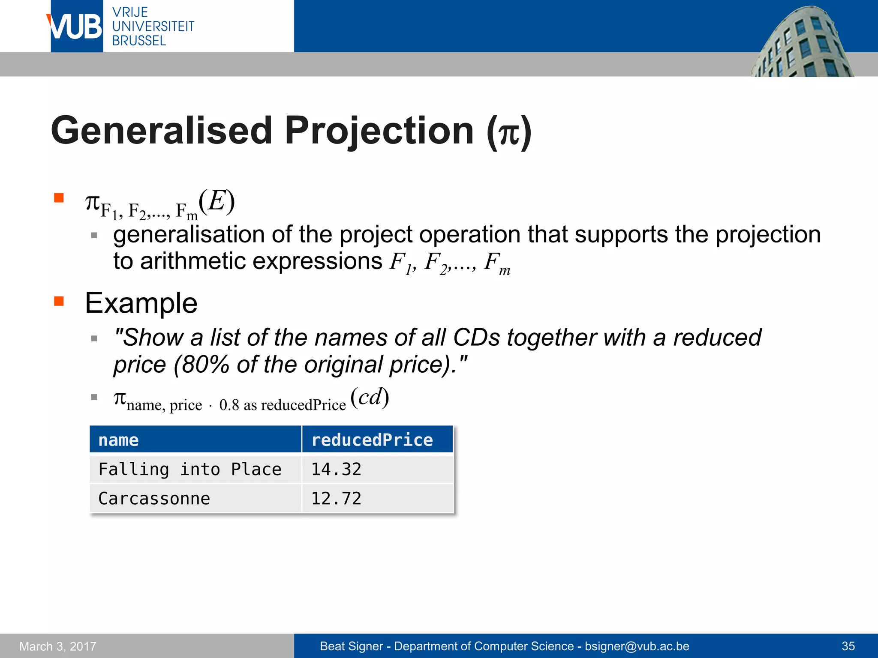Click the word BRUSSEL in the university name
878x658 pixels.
(x=139, y=41)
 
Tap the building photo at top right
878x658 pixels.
(x=802, y=43)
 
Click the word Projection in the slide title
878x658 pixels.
(x=379, y=130)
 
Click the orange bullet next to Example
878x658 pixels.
(x=59, y=301)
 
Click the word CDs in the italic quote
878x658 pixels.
(x=476, y=337)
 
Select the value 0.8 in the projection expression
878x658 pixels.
(x=229, y=405)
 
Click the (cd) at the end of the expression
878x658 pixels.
(x=370, y=397)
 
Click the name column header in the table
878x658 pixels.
(x=118, y=440)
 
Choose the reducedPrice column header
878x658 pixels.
(x=372, y=440)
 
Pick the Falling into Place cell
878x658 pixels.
(x=189, y=469)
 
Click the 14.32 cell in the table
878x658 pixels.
(x=336, y=469)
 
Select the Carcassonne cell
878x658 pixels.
(x=154, y=498)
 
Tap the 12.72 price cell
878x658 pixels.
(x=336, y=498)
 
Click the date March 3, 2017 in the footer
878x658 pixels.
(x=58, y=646)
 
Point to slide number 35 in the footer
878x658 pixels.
(x=848, y=646)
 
